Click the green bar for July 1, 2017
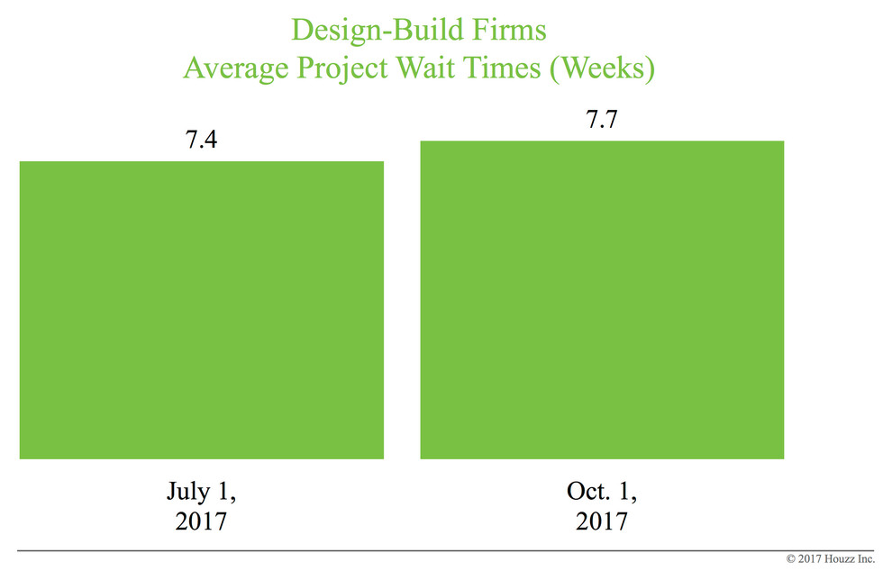click(x=201, y=310)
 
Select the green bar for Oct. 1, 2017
click(x=602, y=300)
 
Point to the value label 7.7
click(x=602, y=120)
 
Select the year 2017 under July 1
click(x=202, y=521)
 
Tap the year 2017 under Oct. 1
click(x=602, y=521)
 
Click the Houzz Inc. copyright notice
click(x=830, y=560)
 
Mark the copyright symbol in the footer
click(x=792, y=560)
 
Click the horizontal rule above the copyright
click(x=446, y=548)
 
